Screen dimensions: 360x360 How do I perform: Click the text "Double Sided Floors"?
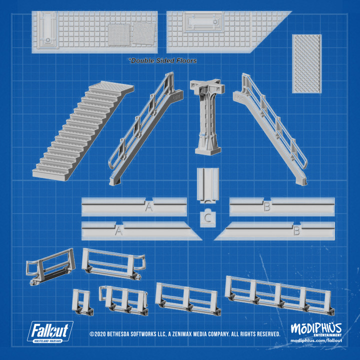pyautogui.click(x=163, y=60)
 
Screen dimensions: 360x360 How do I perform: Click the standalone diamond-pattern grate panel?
pyautogui.click(x=306, y=63)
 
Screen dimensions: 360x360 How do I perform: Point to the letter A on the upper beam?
pyautogui.click(x=148, y=206)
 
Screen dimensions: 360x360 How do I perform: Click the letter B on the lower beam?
pyautogui.click(x=296, y=231)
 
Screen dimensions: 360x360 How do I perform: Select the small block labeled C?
pyautogui.click(x=207, y=218)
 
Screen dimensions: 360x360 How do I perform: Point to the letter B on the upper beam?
pyautogui.click(x=266, y=206)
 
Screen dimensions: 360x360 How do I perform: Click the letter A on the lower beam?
pyautogui.click(x=118, y=231)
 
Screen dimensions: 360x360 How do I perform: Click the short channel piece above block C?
pyautogui.click(x=207, y=183)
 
